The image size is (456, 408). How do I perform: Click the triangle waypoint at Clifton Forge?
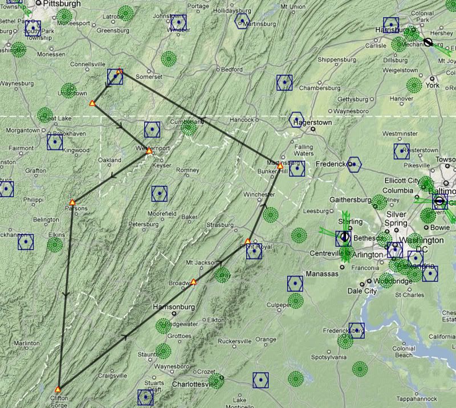coord(58,389)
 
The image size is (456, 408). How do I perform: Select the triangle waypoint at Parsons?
coord(72,202)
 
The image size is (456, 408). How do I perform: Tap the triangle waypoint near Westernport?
coord(149,151)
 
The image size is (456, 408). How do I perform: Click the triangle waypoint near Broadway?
coord(194,281)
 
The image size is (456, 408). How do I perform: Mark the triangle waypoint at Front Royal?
coord(248,241)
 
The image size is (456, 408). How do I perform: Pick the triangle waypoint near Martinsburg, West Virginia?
coord(279,166)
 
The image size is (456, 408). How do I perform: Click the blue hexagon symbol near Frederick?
coord(355,164)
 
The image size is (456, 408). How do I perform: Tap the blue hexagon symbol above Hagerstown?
coord(296,118)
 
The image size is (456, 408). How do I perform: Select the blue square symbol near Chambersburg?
coord(284,83)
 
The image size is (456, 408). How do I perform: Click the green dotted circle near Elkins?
coord(55,245)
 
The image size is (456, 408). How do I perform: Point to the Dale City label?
coord(362,291)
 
